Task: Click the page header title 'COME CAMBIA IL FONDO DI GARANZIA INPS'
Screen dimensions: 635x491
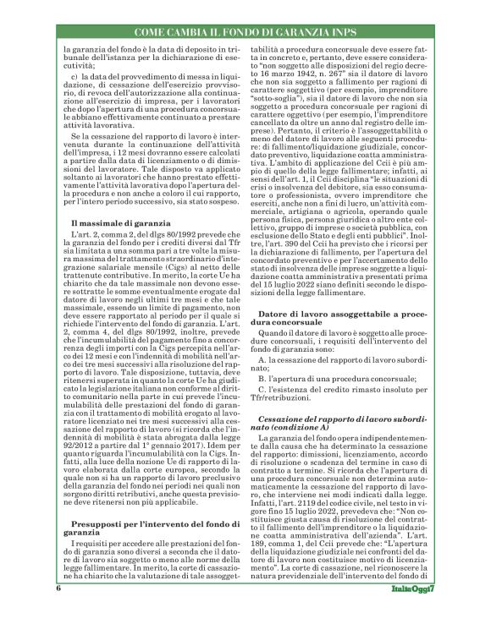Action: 245,32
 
